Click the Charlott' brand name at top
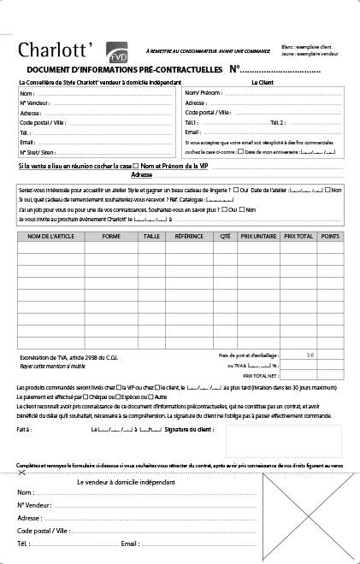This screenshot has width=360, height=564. (x=60, y=48)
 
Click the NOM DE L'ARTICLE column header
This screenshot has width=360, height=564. (x=50, y=234)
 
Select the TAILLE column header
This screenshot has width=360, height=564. (x=151, y=234)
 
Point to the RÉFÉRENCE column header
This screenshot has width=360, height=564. (x=190, y=234)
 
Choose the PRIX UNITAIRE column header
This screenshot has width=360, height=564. (x=257, y=234)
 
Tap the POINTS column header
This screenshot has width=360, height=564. (x=329, y=234)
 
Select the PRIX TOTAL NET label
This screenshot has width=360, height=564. (x=261, y=375)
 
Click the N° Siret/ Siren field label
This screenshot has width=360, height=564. (x=38, y=152)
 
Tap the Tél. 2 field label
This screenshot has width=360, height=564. (x=278, y=122)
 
